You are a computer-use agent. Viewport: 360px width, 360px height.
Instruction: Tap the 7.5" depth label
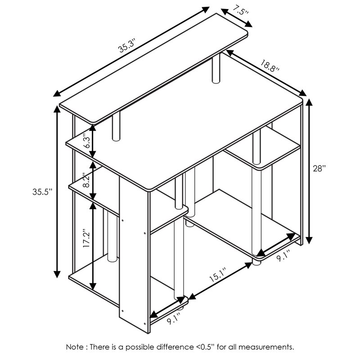(240, 10)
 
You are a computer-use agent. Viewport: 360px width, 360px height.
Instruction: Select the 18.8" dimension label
(270, 65)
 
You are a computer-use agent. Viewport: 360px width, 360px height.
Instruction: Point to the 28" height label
(319, 168)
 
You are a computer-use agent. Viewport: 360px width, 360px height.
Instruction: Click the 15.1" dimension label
(218, 275)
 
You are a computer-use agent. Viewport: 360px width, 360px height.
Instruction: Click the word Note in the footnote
(75, 346)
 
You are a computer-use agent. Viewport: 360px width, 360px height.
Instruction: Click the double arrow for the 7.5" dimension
(237, 18)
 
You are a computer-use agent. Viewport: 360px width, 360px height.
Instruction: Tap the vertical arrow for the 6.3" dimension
(93, 141)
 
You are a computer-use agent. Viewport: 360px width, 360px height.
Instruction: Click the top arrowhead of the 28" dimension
(309, 103)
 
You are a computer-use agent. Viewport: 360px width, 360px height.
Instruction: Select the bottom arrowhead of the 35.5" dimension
(57, 274)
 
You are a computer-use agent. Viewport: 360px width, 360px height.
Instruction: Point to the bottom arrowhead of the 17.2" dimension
(93, 286)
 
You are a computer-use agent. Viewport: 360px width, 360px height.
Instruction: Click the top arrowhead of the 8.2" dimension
(93, 165)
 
